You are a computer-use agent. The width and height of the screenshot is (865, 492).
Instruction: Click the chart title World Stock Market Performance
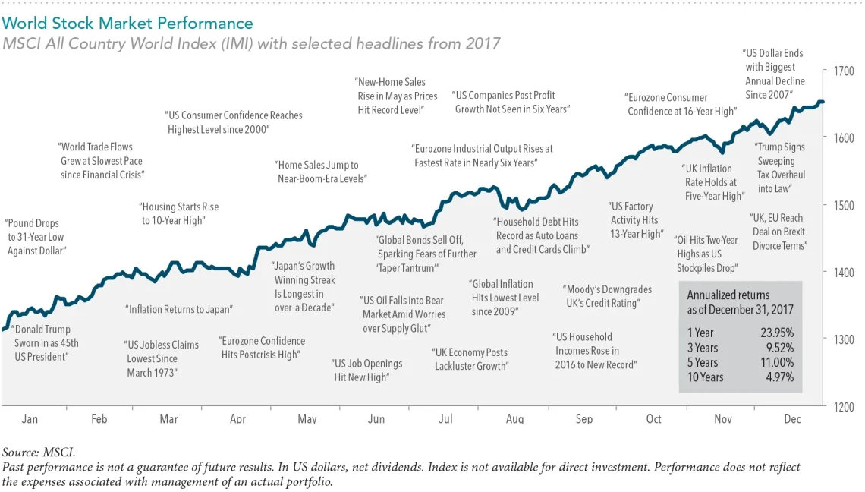coord(127,24)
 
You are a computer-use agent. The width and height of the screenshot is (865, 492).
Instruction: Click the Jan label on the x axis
coord(30,419)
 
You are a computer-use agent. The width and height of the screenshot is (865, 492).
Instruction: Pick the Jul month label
coord(445,419)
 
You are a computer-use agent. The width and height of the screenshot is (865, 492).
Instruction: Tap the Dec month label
coord(791,419)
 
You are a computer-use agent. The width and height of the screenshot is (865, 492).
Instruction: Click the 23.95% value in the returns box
coord(777,333)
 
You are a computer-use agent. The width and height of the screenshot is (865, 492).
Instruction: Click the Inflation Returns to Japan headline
coord(179,310)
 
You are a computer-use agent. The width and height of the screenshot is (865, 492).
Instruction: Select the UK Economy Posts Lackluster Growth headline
coord(470,359)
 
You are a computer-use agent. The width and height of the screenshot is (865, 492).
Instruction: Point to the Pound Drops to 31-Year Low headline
coord(36,237)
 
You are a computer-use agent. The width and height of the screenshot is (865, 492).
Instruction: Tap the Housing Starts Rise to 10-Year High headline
coord(179,213)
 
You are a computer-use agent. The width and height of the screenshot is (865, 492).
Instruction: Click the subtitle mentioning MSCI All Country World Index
coord(251,43)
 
